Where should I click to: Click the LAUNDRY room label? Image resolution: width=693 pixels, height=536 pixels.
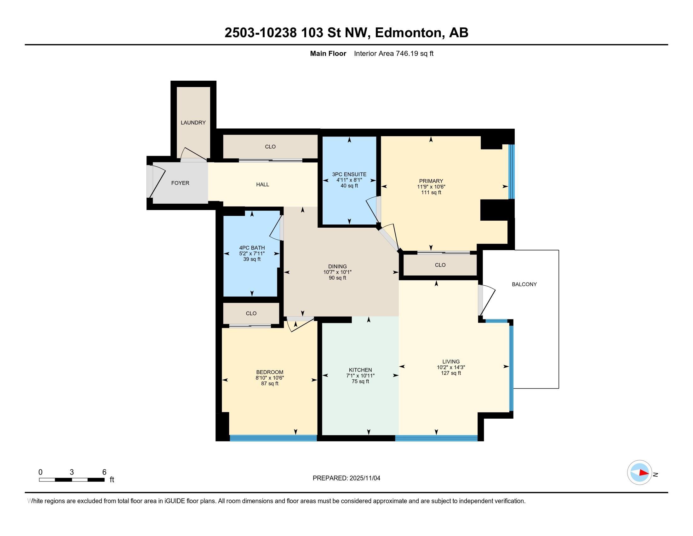(x=193, y=123)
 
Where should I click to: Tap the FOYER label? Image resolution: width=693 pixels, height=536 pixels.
(x=180, y=183)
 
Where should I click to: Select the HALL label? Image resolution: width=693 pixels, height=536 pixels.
(x=262, y=184)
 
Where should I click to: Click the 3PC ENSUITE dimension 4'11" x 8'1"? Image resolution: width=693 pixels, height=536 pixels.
(x=349, y=180)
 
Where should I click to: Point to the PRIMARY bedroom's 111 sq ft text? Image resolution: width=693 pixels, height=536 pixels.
(x=431, y=192)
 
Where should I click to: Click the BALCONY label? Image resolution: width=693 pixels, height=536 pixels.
(x=524, y=284)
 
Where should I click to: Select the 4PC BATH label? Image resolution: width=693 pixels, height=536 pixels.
(x=252, y=248)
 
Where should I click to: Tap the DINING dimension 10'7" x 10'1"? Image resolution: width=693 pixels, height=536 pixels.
(x=337, y=272)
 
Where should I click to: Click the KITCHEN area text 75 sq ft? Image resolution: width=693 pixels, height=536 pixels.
(x=360, y=382)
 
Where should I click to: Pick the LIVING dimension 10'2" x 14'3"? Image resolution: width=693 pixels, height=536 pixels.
(x=450, y=367)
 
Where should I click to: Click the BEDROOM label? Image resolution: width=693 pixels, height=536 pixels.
(x=269, y=372)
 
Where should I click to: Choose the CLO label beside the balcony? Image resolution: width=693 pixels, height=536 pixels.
(x=440, y=265)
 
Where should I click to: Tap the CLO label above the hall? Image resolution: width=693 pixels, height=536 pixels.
(x=270, y=147)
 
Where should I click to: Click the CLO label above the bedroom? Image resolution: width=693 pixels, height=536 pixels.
(x=251, y=313)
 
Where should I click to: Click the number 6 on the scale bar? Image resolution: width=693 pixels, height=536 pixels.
(x=104, y=472)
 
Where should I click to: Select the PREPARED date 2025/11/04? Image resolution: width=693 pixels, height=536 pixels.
(x=364, y=478)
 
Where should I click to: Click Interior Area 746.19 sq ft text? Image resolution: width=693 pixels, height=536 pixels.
(x=393, y=54)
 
